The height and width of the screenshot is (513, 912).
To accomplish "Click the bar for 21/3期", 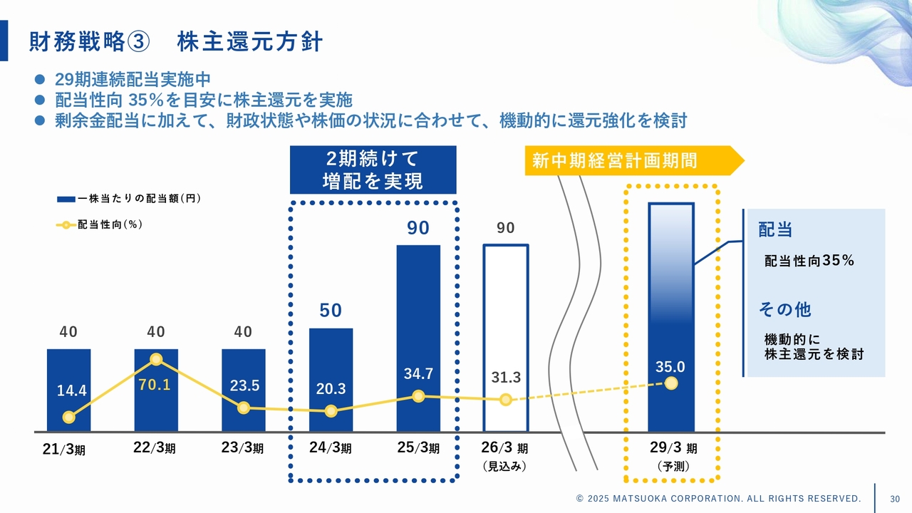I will [68, 370].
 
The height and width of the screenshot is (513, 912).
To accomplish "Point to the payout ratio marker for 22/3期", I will [156, 360].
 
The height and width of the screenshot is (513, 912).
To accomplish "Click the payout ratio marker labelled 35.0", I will [670, 383].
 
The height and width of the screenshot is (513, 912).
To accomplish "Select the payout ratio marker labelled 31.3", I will [506, 400].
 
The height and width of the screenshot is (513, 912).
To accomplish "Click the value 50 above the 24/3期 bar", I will [331, 311].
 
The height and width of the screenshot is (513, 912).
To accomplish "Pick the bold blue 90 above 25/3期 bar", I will [418, 228].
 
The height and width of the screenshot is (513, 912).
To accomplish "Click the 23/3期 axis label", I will [243, 449].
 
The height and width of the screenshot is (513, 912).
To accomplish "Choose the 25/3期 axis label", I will [418, 449].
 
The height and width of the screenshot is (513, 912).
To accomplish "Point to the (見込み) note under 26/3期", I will [504, 467].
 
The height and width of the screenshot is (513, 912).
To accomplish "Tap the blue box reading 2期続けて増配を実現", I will [373, 170].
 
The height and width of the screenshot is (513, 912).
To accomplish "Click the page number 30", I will [896, 498].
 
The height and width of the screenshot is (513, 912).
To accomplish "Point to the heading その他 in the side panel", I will [784, 310].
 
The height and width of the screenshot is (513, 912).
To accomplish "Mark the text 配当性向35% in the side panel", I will [809, 261].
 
